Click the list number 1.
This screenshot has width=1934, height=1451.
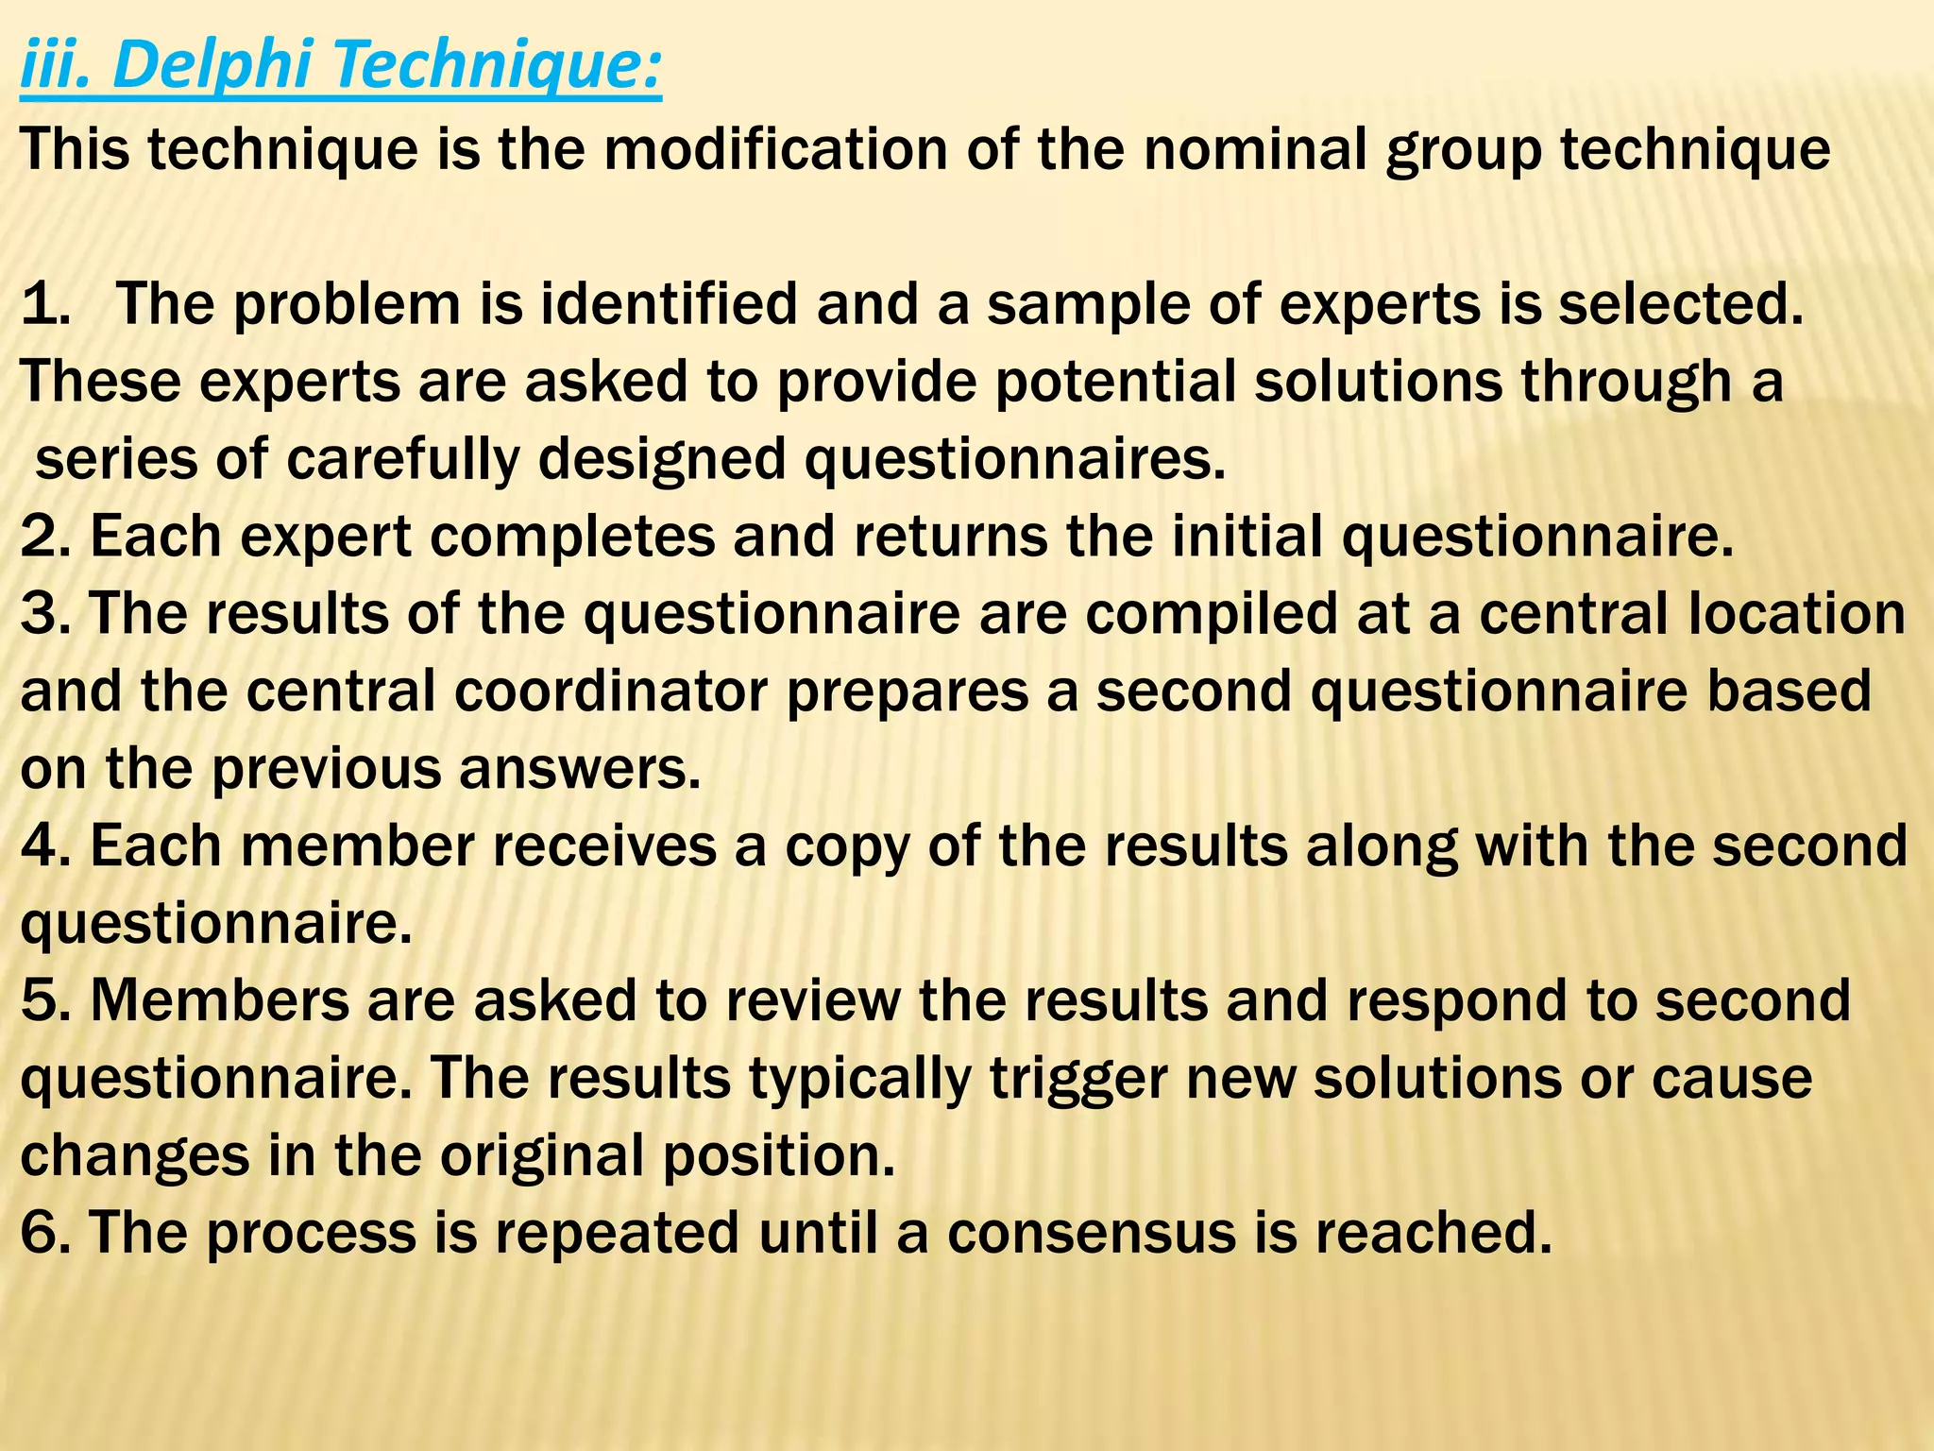pos(43,305)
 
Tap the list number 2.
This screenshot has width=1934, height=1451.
pos(43,538)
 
